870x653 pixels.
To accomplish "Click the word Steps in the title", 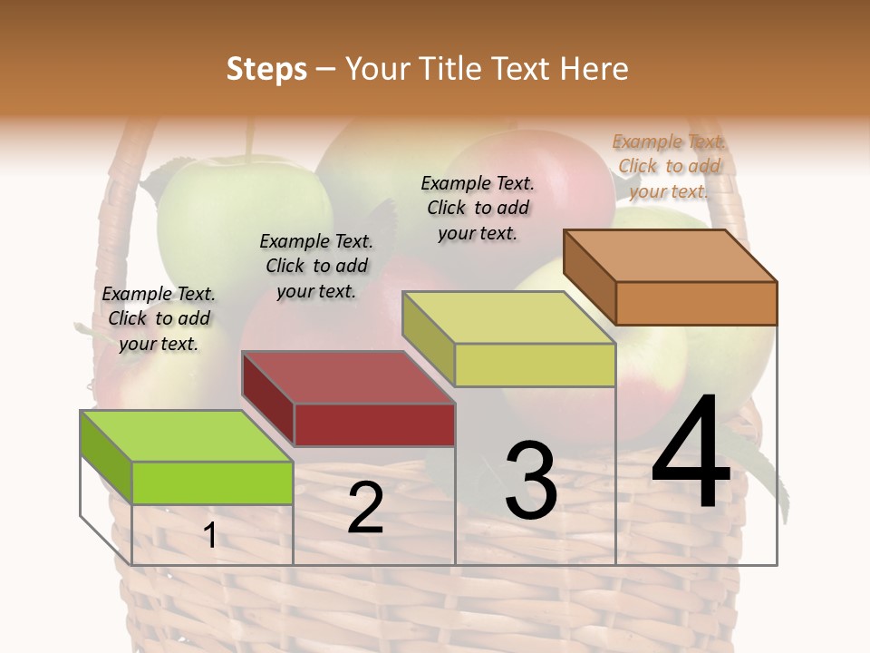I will [x=266, y=69].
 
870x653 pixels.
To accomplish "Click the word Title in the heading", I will [x=450, y=69].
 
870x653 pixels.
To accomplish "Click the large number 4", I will [x=691, y=453].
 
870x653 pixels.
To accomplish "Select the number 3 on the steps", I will [x=531, y=481].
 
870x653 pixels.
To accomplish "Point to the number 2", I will [x=365, y=508].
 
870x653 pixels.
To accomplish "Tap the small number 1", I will [x=210, y=536].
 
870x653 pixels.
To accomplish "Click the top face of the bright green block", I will [x=187, y=436].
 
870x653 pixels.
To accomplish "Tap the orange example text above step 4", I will [x=669, y=166].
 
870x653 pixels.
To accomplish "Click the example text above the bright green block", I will [x=159, y=319].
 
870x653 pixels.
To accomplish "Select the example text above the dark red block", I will [x=316, y=266].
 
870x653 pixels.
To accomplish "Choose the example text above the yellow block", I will [x=478, y=208].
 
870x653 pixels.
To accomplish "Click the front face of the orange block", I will [x=696, y=303].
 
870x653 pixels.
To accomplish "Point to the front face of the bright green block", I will [x=212, y=482].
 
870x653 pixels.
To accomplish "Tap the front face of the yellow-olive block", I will [x=535, y=365].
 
